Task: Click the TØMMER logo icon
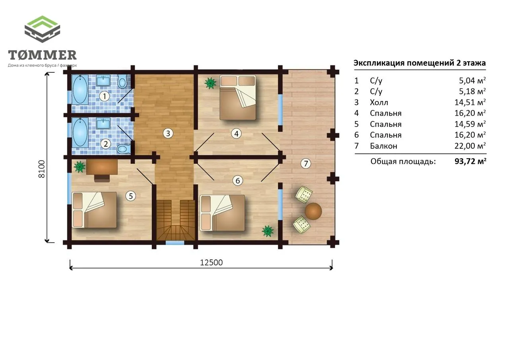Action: pyautogui.click(x=42, y=29)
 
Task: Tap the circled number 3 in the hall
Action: pyautogui.click(x=168, y=133)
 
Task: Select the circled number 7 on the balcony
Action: pyautogui.click(x=306, y=163)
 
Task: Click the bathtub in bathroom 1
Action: pyautogui.click(x=80, y=90)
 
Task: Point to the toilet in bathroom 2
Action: pyautogui.click(x=123, y=149)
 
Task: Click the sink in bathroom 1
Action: pyautogui.click(x=103, y=80)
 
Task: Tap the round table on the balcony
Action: pyautogui.click(x=313, y=211)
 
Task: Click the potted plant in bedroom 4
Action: pyautogui.click(x=210, y=83)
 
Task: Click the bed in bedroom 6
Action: pyautogui.click(x=222, y=213)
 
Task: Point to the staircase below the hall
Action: pyautogui.click(x=176, y=220)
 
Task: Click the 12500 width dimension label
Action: pyautogui.click(x=211, y=263)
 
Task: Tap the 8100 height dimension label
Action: pyautogui.click(x=42, y=169)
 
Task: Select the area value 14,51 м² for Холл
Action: pyautogui.click(x=470, y=102)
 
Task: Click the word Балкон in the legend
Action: pyautogui.click(x=384, y=146)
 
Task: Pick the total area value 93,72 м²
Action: pyautogui.click(x=470, y=161)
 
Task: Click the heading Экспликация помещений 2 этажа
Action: pyautogui.click(x=420, y=63)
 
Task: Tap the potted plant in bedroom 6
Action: pyautogui.click(x=268, y=231)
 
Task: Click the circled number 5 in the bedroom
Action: pyautogui.click(x=131, y=196)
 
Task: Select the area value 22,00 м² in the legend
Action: pyautogui.click(x=470, y=146)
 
